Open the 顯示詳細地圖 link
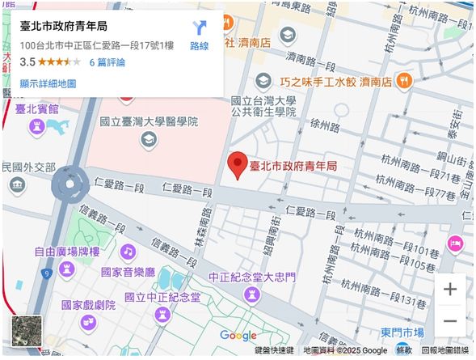(x=48, y=83)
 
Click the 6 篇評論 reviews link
(x=107, y=61)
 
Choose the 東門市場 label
(x=402, y=332)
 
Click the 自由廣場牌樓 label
(x=66, y=252)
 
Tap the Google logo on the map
(x=238, y=335)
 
